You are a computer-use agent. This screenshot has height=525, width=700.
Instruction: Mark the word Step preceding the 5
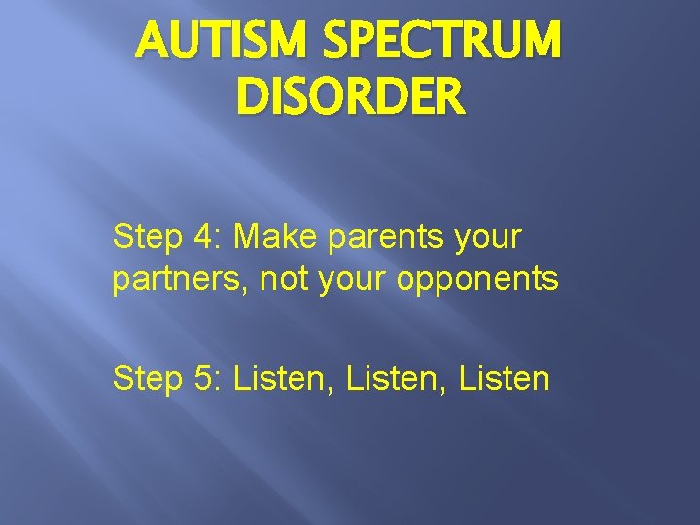click(147, 379)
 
